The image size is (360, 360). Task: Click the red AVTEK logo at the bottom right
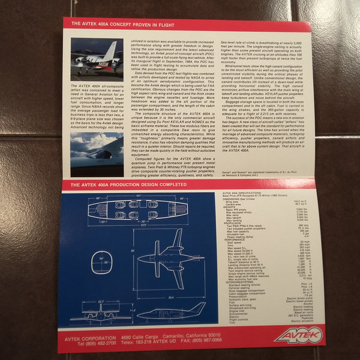(298, 335)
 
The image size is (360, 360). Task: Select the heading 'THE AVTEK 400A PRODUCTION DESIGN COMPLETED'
(124, 185)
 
